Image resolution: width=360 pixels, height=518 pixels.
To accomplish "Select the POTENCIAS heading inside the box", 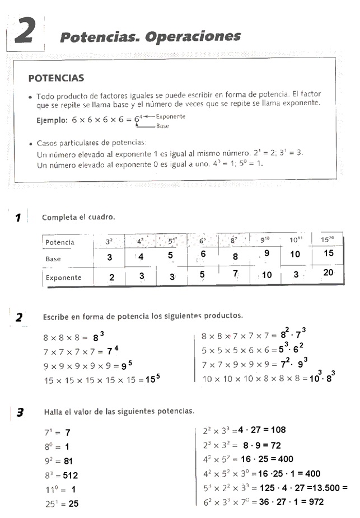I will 56,78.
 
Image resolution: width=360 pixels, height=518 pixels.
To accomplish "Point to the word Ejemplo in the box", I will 52,120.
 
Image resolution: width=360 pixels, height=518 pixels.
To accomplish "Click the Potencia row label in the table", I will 60,242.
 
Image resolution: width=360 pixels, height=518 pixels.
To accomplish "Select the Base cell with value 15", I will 329,253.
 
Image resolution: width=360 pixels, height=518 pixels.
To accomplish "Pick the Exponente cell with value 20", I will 328,272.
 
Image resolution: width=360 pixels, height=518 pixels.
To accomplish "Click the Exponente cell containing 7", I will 236,274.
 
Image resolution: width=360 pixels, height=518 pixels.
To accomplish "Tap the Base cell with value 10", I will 295,254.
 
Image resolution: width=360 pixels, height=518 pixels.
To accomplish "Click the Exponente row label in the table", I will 64,277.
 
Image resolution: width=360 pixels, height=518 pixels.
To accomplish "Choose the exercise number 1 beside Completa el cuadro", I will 18,218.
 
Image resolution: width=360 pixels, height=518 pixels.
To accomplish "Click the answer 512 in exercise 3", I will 70,475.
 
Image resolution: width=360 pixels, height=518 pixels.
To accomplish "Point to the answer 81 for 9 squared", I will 69,462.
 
